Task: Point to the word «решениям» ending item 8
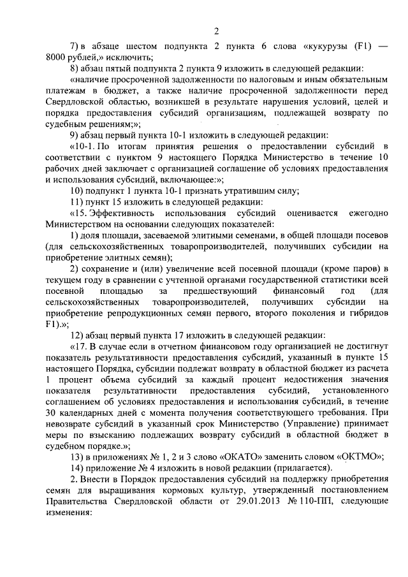coord(103,124)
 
